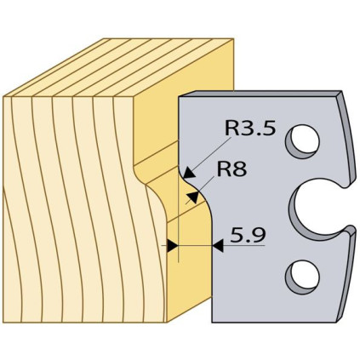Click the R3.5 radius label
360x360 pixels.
(x=250, y=128)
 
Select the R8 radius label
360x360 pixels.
(x=231, y=169)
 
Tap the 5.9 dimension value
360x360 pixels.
(x=248, y=235)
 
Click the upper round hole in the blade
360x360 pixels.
(x=303, y=141)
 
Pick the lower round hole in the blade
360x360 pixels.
(x=303, y=277)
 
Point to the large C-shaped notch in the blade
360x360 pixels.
(x=296, y=209)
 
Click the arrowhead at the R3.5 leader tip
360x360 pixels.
(x=189, y=173)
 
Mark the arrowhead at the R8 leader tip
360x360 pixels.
(x=193, y=197)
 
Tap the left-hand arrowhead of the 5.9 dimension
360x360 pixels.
(x=173, y=245)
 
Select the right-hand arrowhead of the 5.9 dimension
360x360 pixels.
(x=218, y=245)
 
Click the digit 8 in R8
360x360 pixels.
(x=240, y=169)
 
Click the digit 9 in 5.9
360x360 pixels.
(x=258, y=235)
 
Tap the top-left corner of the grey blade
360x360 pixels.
(x=180, y=97)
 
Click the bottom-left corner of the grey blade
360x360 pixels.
(x=212, y=322)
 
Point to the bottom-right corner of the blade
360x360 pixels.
(x=337, y=322)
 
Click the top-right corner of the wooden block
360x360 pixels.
(x=233, y=39)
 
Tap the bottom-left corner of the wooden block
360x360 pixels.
(x=3, y=323)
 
